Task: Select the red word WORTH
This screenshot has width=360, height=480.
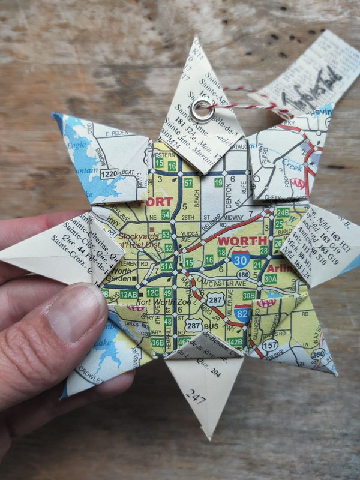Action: click(x=242, y=241)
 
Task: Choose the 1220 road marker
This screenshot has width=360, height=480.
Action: click(x=109, y=173)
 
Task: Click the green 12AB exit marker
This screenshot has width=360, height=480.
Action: click(x=128, y=294)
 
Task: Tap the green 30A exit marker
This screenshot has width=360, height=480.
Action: click(x=270, y=279)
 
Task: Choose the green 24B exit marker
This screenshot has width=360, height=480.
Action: click(x=282, y=212)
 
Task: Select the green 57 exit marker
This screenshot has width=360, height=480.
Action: click(x=188, y=182)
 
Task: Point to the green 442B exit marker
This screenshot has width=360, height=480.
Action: click(x=235, y=342)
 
